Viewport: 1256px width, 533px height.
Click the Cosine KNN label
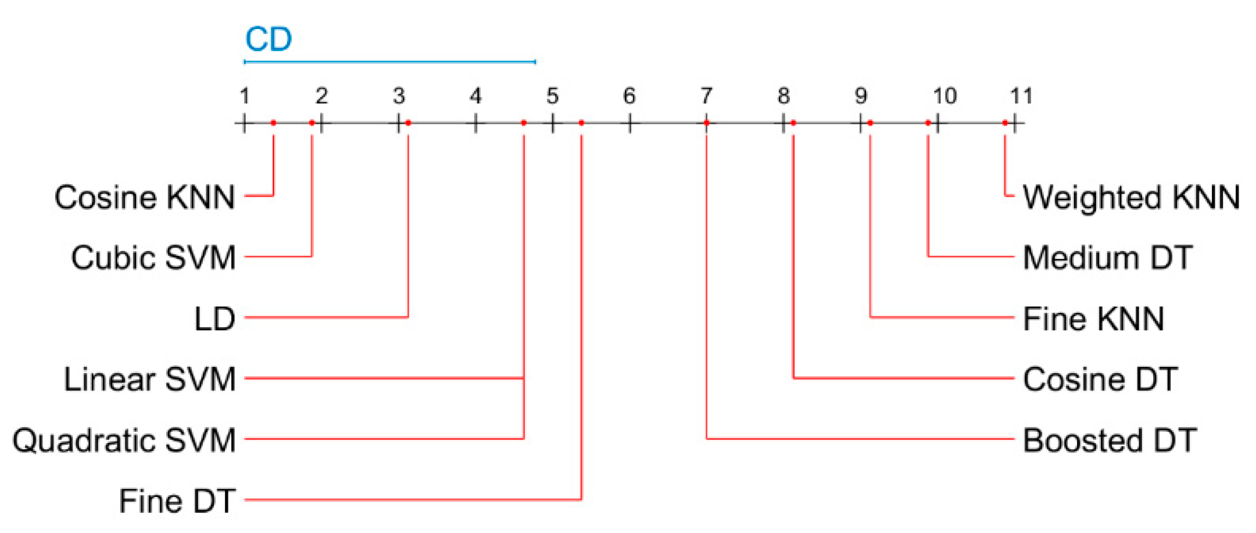145,197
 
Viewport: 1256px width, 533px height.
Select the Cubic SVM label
153,257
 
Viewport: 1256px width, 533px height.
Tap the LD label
214,319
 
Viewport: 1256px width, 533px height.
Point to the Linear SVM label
149,380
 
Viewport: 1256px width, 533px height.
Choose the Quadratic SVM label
124,440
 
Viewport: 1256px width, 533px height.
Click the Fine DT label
177,501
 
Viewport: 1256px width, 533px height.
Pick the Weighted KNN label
1131,197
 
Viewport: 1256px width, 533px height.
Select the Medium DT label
1108,257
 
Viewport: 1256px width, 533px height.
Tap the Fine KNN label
1093,319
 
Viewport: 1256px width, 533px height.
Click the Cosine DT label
1100,380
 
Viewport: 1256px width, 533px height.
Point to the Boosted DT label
1110,440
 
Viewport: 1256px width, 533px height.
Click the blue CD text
268,40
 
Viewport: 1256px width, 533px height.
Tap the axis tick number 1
244,96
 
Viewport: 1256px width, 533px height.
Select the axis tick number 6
629,96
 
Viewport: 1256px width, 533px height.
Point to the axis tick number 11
1021,96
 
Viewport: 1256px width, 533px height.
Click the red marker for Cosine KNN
273,123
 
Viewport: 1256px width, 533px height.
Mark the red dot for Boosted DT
706,123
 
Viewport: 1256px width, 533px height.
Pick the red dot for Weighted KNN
1005,123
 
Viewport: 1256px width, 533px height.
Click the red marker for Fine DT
581,123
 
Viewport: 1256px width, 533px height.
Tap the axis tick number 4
475,96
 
